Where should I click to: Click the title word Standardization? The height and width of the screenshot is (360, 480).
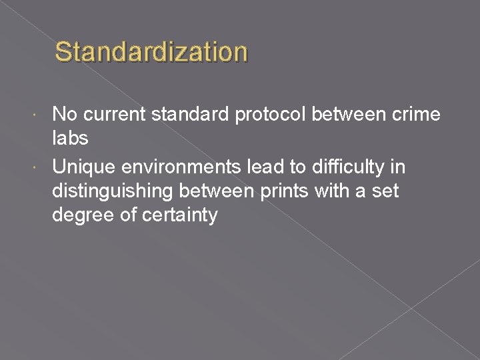click(x=151, y=52)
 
